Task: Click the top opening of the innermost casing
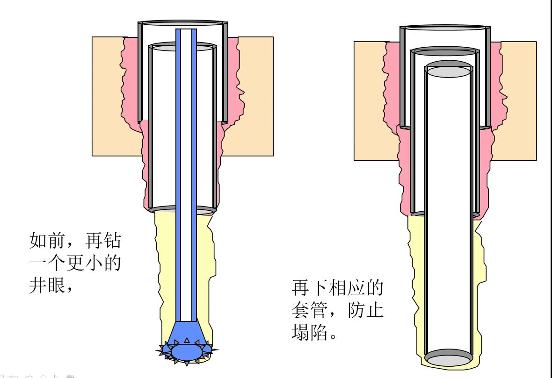[x=448, y=71]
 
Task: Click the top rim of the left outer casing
[x=182, y=22]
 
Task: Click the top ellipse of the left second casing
[x=182, y=47]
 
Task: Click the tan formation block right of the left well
[x=255, y=93]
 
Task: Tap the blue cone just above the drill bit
[x=186, y=330]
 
